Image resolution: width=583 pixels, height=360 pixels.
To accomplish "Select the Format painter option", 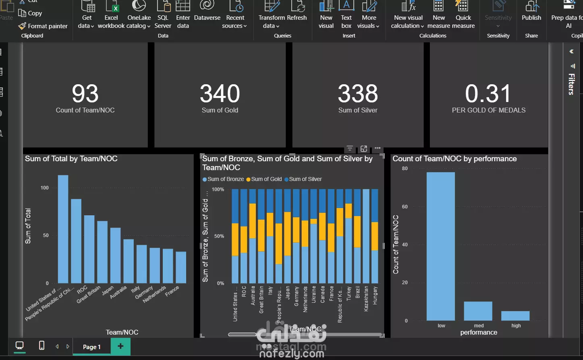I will coord(43,26).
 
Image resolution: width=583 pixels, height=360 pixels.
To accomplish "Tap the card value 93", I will coord(85,94).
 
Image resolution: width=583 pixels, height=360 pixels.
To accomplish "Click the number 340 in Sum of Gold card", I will coord(220,94).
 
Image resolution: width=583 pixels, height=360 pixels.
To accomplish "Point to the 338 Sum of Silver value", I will coord(358,94).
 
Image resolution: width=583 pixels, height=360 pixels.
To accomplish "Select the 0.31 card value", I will coord(488,94).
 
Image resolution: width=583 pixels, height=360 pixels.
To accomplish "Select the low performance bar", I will coord(441,246).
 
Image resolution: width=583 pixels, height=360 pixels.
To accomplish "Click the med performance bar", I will coord(478,311).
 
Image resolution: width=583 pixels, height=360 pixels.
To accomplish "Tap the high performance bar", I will coord(515,316).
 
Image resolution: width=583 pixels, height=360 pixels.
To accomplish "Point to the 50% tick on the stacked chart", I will coord(219,236).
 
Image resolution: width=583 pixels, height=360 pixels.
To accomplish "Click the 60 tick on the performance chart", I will coord(405,207).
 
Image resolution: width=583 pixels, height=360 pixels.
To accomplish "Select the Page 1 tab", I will coord(91,347).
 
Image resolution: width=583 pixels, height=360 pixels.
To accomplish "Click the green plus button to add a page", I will coord(120,346).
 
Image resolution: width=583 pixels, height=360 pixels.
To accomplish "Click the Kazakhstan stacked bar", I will coord(366,236).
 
